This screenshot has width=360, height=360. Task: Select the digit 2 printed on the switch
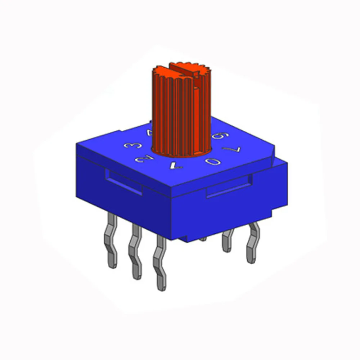(x=141, y=158)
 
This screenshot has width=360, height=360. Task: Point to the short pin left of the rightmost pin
(x=228, y=241)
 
